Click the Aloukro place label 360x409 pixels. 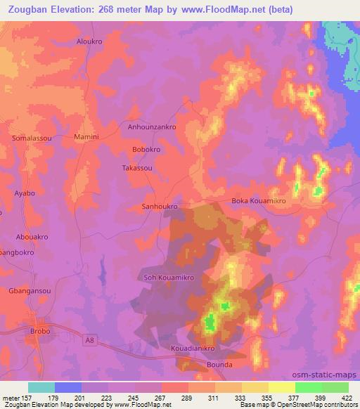coord(89,41)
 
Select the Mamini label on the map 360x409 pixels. coord(86,136)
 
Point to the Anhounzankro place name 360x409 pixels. coord(151,127)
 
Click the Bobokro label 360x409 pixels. coord(147,150)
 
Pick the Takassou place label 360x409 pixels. coord(137,169)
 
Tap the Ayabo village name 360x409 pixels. coord(24,193)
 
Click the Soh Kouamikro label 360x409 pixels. coord(169,278)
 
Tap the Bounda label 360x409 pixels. coord(219,365)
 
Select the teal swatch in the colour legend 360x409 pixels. coord(41,387)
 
